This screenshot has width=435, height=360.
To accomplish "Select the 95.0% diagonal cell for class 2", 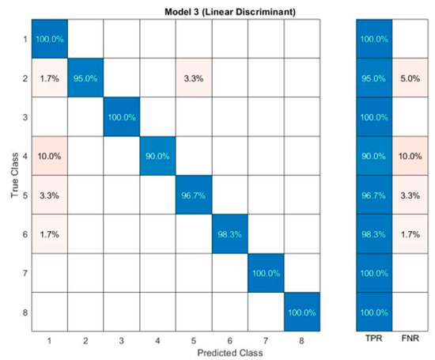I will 86,78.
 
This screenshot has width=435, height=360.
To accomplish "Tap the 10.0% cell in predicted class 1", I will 49,156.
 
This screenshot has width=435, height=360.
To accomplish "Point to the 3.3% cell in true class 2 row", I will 195,78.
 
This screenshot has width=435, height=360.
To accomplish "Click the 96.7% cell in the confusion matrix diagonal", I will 195,195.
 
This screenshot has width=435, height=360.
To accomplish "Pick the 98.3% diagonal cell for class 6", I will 232,234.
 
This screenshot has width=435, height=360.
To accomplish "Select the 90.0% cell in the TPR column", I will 373,156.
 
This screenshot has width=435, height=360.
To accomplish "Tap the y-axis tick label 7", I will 24,273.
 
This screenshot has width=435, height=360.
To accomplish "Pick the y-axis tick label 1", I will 24,39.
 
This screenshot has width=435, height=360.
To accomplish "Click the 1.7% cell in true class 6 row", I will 49,234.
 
